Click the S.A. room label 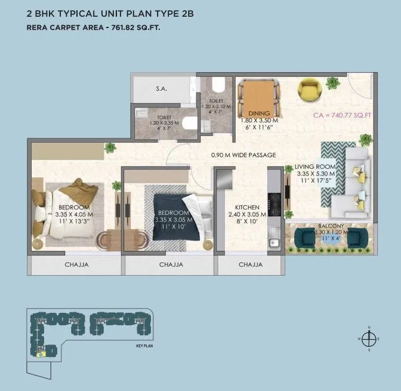click(x=161, y=88)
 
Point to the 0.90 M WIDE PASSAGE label click(x=243, y=155)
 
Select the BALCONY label click(x=329, y=227)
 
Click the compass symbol click(x=370, y=338)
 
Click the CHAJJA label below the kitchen click(x=251, y=264)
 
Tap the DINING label click(x=260, y=113)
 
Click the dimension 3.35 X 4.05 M click(x=73, y=214)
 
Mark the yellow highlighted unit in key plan click(x=41, y=354)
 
